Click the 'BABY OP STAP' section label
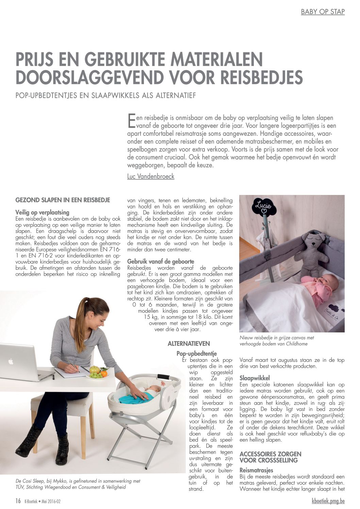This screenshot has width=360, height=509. (323, 12)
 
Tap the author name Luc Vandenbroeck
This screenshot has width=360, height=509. (150, 176)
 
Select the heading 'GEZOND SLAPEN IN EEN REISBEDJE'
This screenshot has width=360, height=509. (63, 200)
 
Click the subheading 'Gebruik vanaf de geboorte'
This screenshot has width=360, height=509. (161, 261)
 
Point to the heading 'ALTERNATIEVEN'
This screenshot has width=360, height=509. (189, 344)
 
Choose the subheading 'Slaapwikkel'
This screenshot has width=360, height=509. (255, 378)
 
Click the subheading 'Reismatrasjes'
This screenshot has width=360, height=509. (256, 470)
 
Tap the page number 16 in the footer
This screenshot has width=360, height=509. (18, 501)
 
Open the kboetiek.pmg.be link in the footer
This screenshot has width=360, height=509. (328, 501)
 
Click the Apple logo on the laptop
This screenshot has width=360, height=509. (11, 361)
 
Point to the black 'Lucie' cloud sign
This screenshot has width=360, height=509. (264, 206)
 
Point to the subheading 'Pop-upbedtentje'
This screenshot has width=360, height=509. (196, 354)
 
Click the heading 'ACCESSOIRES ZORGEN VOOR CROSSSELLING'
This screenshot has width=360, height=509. (270, 457)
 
